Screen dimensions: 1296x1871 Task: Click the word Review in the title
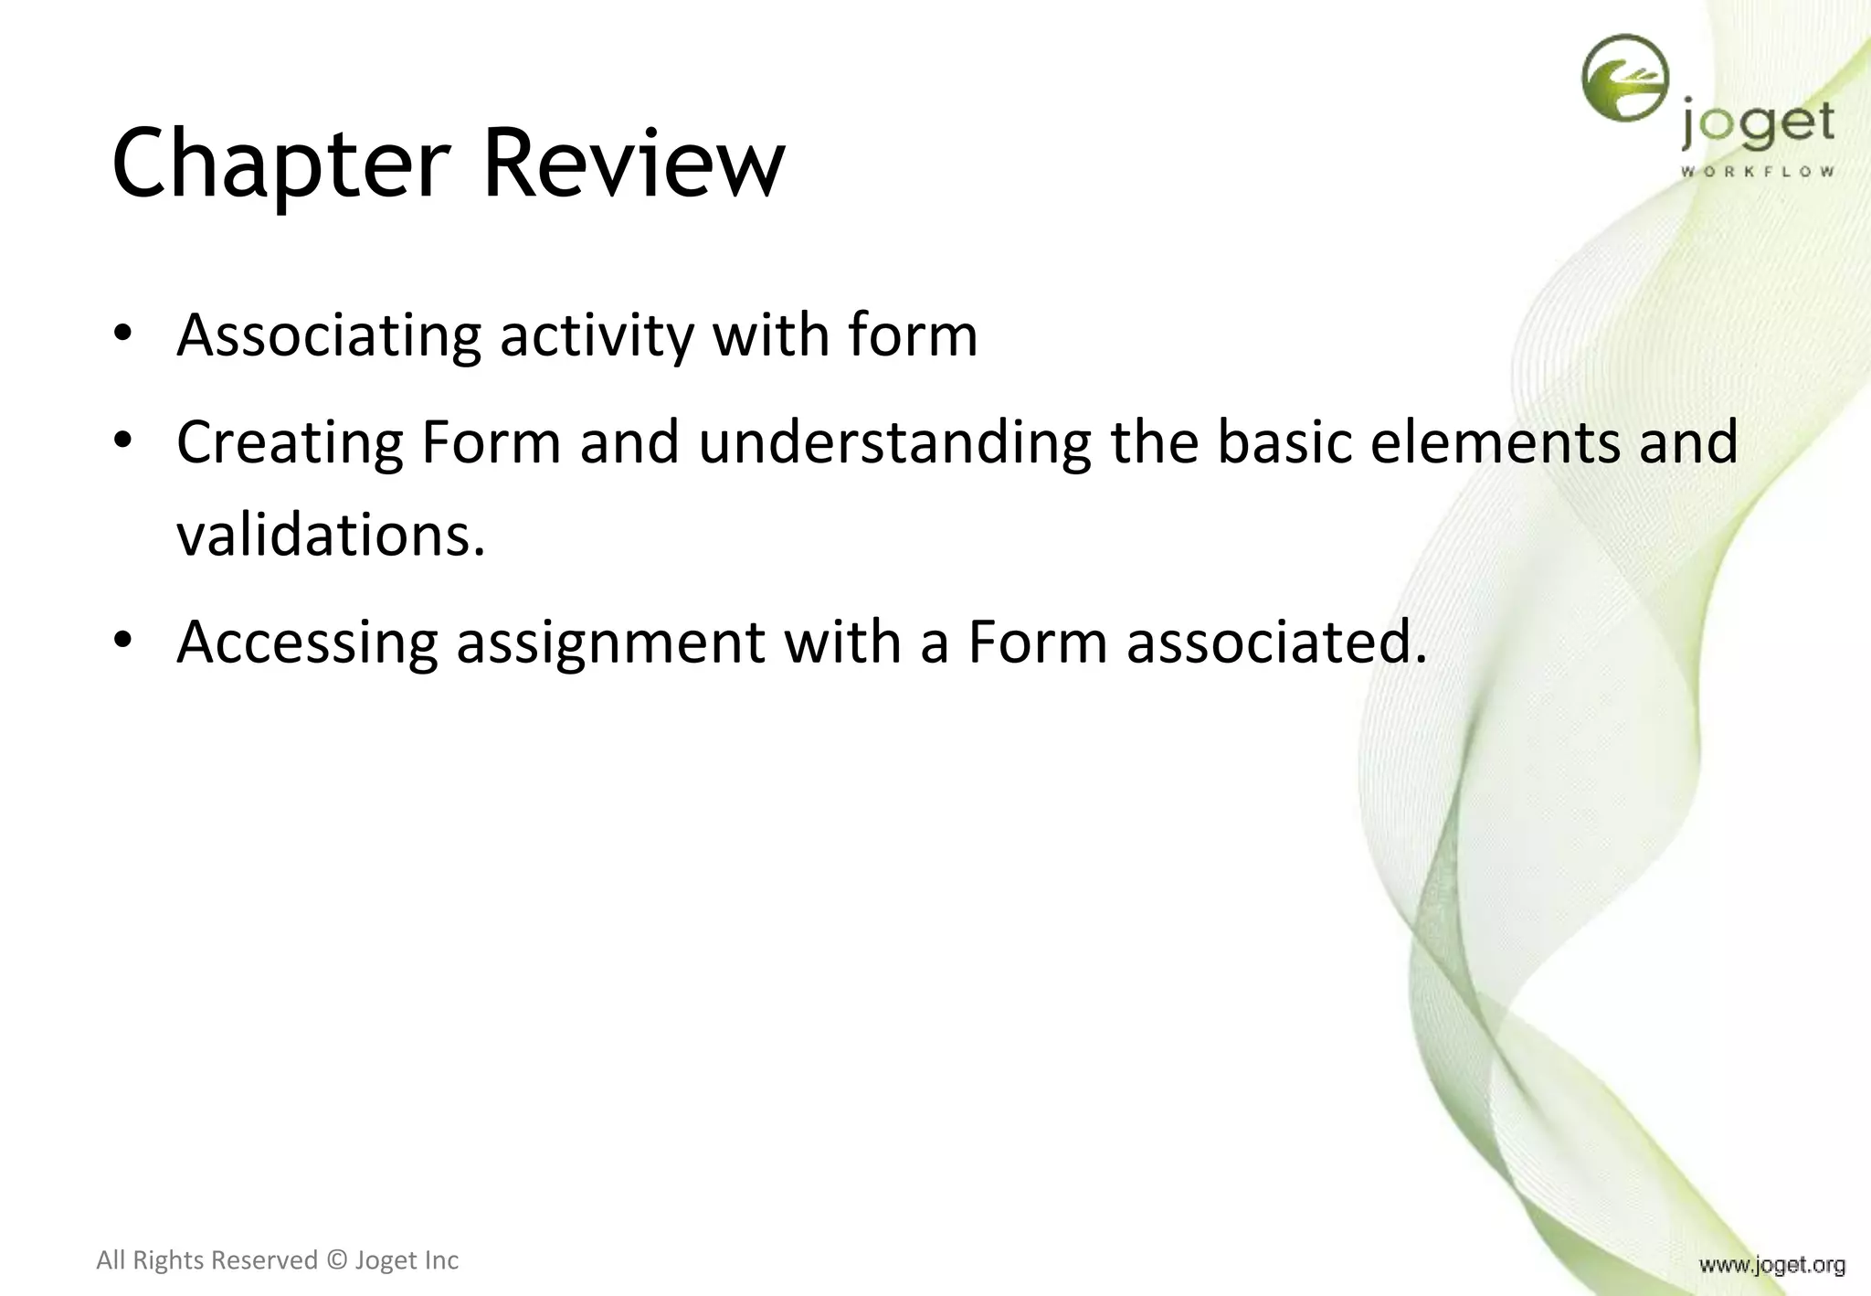point(632,165)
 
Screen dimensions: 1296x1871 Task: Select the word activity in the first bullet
point(597,335)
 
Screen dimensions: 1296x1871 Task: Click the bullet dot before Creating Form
point(123,440)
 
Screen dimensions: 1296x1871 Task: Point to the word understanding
point(894,442)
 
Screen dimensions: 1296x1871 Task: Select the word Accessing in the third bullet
point(307,642)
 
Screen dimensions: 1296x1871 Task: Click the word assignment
point(609,642)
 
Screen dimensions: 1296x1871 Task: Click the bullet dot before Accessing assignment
point(123,639)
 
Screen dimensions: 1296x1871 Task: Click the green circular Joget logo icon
point(1624,78)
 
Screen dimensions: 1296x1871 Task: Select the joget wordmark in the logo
point(1758,124)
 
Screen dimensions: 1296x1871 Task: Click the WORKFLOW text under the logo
point(1757,171)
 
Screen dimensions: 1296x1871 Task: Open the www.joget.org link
point(1771,1265)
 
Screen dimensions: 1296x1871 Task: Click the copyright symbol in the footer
point(336,1260)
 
